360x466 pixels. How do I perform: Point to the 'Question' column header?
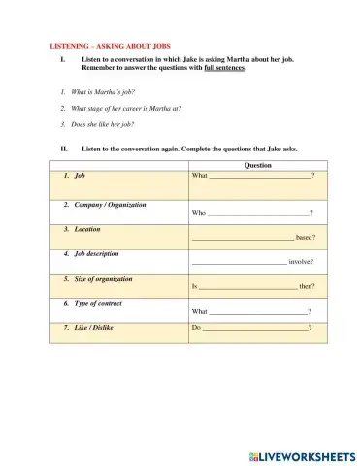257,165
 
